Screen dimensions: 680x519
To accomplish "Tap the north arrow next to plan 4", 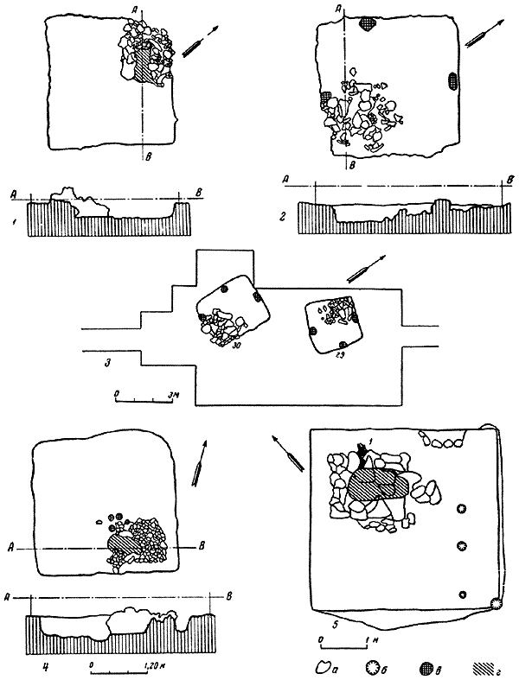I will click(202, 462).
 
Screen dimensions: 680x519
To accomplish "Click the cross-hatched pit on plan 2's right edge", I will click(453, 81).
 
